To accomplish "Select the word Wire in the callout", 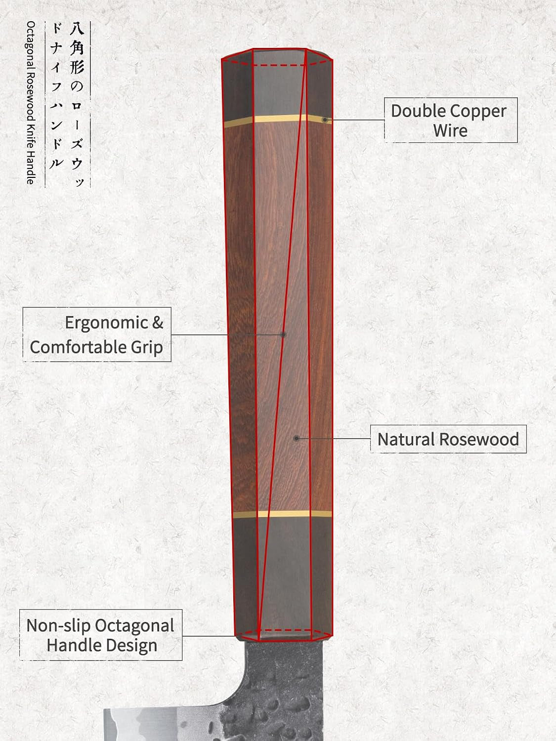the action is (x=450, y=130).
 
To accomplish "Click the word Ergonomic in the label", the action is (x=107, y=323).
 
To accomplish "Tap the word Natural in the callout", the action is (x=406, y=439).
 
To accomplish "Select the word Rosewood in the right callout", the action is (x=479, y=439).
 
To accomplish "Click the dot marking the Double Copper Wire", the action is (x=325, y=120).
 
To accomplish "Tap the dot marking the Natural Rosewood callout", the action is (x=297, y=438).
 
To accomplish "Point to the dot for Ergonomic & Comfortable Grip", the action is (x=284, y=334).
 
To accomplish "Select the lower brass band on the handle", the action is (x=282, y=514).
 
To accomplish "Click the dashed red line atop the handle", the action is (x=279, y=65).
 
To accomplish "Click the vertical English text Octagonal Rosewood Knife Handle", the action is (x=31, y=103).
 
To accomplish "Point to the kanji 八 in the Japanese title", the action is (x=77, y=29).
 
